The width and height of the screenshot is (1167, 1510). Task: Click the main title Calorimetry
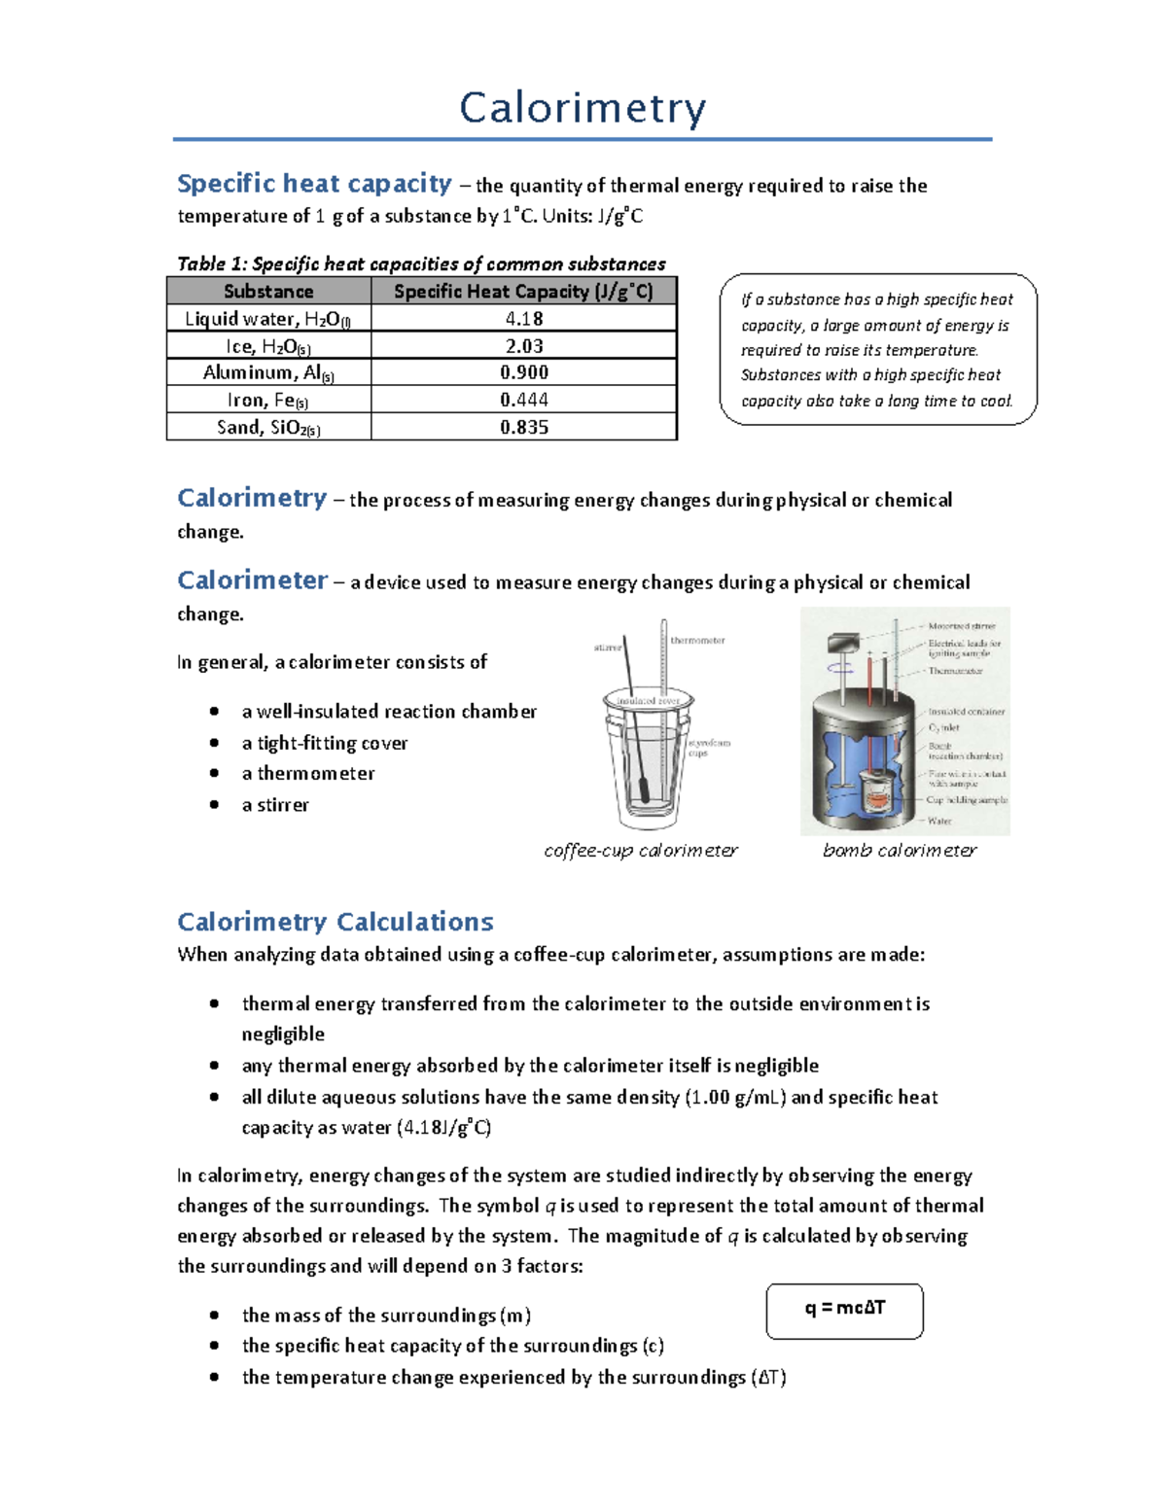(x=583, y=108)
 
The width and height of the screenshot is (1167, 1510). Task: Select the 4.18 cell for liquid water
(x=524, y=319)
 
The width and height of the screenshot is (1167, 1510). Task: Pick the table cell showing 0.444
(x=524, y=400)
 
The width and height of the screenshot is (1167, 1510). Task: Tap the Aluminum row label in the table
(x=268, y=373)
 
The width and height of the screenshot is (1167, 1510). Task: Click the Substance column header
(x=268, y=292)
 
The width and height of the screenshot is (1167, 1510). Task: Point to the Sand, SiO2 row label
(x=268, y=428)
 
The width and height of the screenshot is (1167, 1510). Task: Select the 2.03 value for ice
(x=524, y=346)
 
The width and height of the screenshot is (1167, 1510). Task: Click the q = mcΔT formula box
(x=844, y=1309)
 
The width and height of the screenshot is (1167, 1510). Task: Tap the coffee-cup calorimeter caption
(x=641, y=851)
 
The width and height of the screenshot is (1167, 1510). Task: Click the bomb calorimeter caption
(x=900, y=851)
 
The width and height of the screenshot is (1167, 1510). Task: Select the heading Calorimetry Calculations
(x=335, y=922)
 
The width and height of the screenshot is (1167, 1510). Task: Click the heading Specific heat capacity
(x=314, y=184)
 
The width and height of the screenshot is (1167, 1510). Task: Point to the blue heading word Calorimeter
(x=252, y=580)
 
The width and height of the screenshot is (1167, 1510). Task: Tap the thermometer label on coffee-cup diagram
(x=698, y=641)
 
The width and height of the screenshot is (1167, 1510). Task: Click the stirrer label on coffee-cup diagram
(x=607, y=648)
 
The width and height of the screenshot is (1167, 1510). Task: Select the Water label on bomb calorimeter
(x=939, y=821)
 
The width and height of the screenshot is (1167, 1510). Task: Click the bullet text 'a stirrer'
(x=275, y=805)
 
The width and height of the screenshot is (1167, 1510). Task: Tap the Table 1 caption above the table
(x=421, y=264)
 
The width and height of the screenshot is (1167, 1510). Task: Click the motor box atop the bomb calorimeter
(x=840, y=643)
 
